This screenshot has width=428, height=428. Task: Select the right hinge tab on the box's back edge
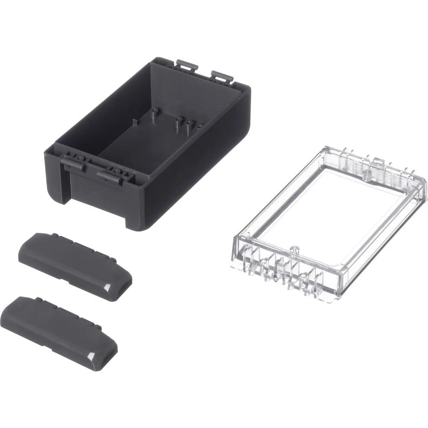coord(222,77)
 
